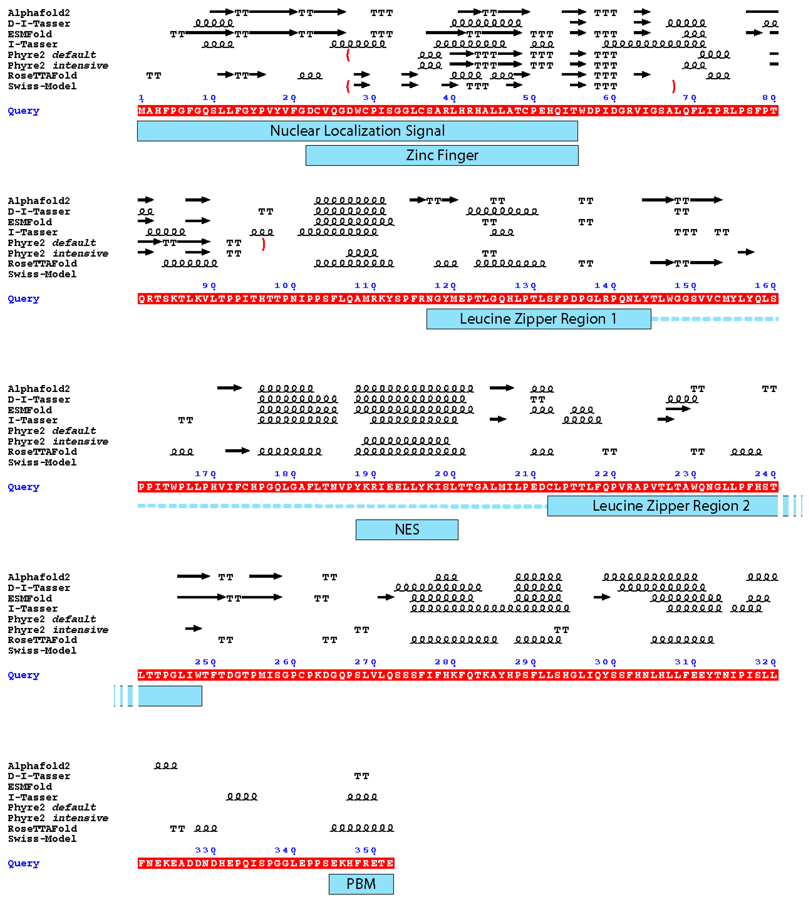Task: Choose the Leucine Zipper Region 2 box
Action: pos(662,506)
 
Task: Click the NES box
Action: pos(407,530)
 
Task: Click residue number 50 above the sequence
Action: pos(529,98)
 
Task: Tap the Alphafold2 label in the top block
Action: pos(39,13)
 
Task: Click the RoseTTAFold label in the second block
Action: pos(42,264)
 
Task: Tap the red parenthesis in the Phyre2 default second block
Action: pos(264,244)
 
